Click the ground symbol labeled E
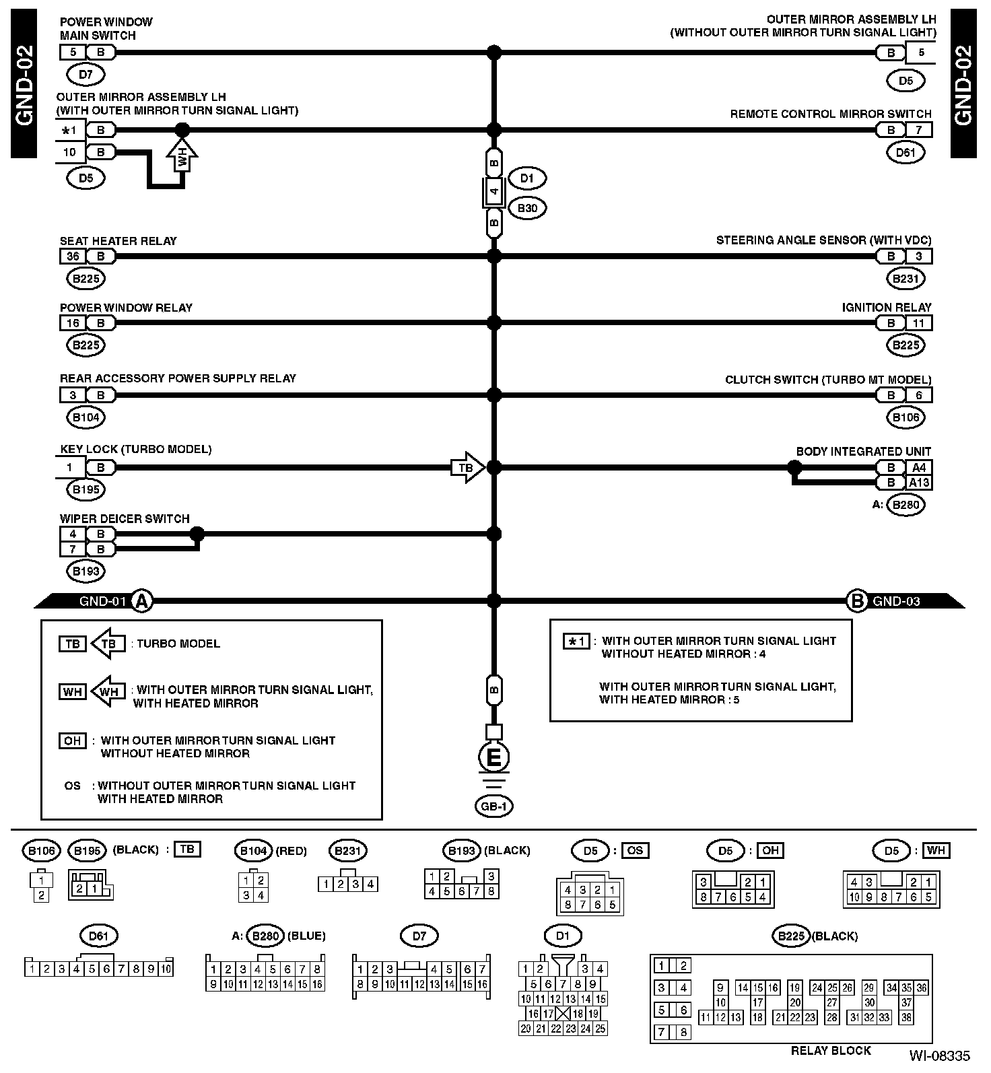point(493,758)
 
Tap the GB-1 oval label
point(493,806)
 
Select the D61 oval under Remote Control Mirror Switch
point(905,153)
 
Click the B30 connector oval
point(527,208)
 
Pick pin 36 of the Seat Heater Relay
point(73,256)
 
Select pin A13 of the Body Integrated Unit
point(918,482)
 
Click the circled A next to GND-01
point(141,600)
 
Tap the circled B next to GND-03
point(857,600)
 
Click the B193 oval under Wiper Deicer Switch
point(86,571)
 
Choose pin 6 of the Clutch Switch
point(918,395)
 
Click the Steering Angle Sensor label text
point(823,240)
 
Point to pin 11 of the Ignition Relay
point(918,323)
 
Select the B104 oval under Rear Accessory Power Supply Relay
point(86,417)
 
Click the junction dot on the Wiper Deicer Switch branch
point(197,534)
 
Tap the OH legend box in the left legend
point(72,740)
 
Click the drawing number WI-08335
point(940,1055)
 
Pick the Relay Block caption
point(831,1050)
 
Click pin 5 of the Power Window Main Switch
point(73,52)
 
